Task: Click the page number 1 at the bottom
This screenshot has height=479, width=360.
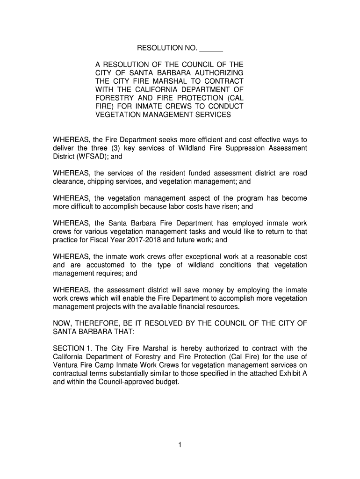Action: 180,445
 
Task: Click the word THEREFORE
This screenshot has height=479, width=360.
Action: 95,324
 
